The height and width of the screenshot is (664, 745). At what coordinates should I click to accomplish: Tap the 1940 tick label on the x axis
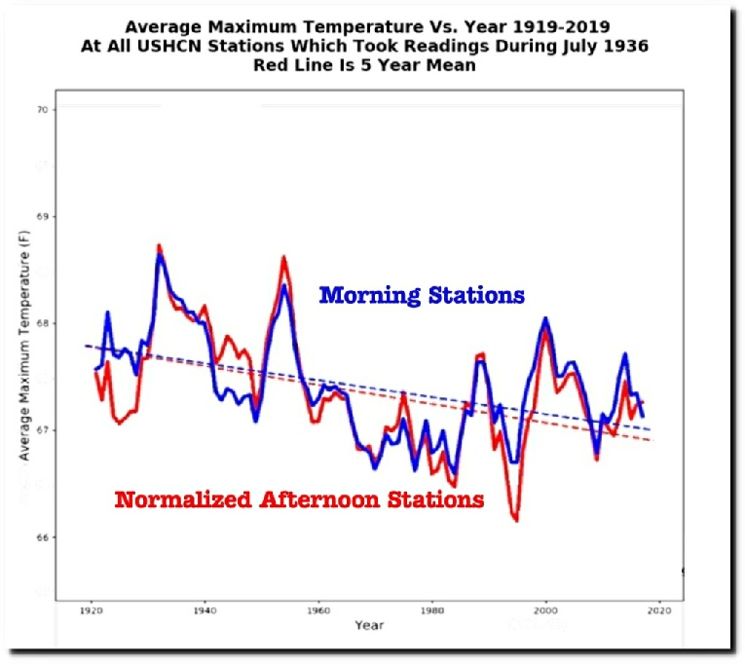click(x=204, y=610)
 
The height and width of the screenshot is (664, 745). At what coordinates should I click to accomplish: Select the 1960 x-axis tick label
click(x=317, y=610)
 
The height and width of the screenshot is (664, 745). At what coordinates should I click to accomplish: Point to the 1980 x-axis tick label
click(x=431, y=610)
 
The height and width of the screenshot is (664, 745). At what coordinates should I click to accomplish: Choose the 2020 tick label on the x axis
click(x=658, y=610)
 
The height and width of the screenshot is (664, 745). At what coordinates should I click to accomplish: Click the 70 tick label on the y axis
click(x=42, y=110)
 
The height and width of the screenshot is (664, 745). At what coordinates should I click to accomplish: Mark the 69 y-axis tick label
click(x=42, y=216)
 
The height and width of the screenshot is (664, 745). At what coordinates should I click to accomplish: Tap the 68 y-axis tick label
click(x=42, y=323)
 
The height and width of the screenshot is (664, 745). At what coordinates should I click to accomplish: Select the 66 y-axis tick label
click(x=42, y=537)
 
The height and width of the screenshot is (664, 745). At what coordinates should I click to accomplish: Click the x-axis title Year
click(x=369, y=624)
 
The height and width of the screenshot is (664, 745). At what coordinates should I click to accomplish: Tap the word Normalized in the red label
click(x=183, y=500)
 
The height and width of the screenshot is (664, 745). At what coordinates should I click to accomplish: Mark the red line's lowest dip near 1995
click(x=515, y=521)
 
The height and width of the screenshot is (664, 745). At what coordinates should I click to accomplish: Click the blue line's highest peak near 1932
click(x=160, y=255)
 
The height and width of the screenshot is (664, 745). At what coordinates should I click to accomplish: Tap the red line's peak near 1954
click(x=283, y=257)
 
